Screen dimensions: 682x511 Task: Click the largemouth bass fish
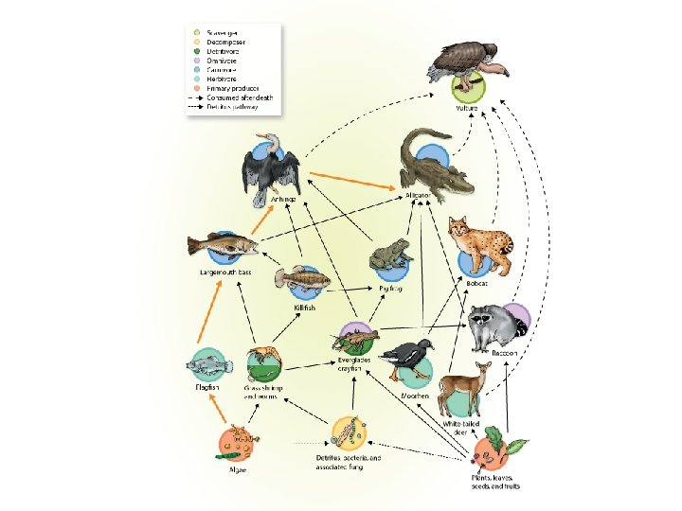click(x=223, y=246)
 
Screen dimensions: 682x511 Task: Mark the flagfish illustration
click(x=208, y=364)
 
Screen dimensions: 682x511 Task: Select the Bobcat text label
click(x=477, y=282)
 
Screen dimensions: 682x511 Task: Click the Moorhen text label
click(x=415, y=396)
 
